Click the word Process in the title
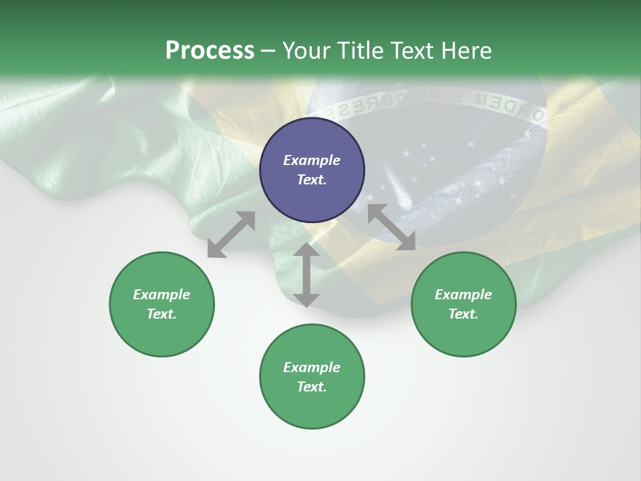[x=210, y=51]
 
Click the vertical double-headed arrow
[x=306, y=275]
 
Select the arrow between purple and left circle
[x=231, y=234]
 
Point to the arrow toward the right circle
[x=391, y=227]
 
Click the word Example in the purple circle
[x=312, y=160]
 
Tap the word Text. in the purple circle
[x=312, y=180]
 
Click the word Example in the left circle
[x=162, y=295]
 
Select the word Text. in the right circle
[x=463, y=314]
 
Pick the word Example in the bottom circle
[x=312, y=367]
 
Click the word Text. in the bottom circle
[x=312, y=387]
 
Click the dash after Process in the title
[x=268, y=51]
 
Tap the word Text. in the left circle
[x=162, y=314]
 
